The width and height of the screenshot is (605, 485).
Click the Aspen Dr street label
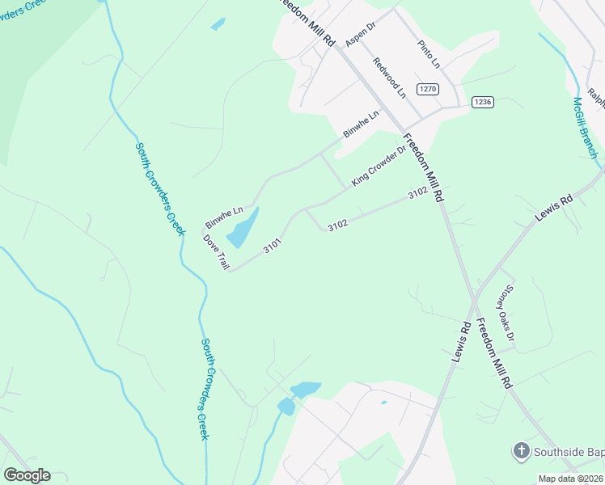[x=361, y=33]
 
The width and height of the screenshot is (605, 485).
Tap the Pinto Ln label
[x=429, y=53]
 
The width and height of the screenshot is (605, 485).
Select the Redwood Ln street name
[x=389, y=78]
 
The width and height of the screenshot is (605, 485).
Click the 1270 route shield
[x=428, y=88]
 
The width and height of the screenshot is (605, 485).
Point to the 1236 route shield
[x=483, y=102]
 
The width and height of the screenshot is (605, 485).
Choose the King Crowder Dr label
[x=378, y=165]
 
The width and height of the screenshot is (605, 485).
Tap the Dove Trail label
[x=216, y=251]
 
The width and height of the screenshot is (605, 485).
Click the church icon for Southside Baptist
[x=522, y=449]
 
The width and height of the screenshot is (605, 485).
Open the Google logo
[x=27, y=474]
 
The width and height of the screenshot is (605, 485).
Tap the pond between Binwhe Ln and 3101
[x=243, y=228]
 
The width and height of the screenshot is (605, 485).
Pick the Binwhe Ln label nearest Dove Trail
[x=224, y=216]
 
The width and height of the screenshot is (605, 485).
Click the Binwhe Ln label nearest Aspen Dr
[x=361, y=124]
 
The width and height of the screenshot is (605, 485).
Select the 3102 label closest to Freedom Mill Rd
[x=417, y=193]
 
